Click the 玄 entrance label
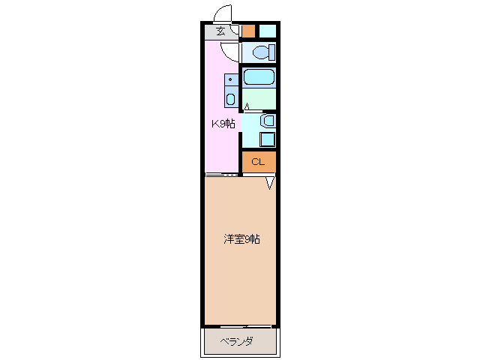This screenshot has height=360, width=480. [x=220, y=31]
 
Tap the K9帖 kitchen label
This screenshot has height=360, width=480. [x=222, y=124]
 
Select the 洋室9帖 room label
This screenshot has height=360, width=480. [x=241, y=240]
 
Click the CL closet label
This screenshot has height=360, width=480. [x=258, y=162]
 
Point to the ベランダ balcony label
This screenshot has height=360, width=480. [x=236, y=342]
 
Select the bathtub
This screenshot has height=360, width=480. [x=259, y=77]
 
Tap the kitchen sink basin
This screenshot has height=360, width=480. [x=230, y=99]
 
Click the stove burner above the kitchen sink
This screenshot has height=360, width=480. [x=230, y=79]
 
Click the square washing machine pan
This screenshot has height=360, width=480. [x=267, y=138]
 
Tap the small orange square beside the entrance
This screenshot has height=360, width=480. [x=248, y=31]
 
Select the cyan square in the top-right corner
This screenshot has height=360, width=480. [x=268, y=31]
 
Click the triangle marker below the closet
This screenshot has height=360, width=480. [x=270, y=183]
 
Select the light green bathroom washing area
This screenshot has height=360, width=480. [x=259, y=98]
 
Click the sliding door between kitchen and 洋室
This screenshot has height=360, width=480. [x=222, y=175]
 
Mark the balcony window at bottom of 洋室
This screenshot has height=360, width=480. [x=240, y=326]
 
